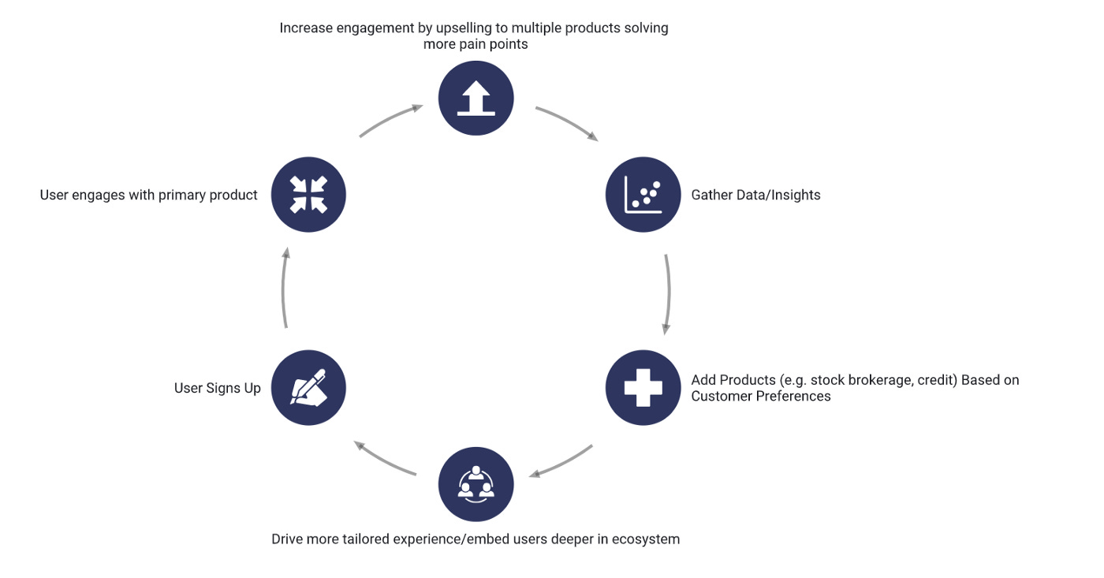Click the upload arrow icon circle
(x=476, y=99)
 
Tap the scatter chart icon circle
(x=643, y=195)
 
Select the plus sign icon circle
(x=643, y=388)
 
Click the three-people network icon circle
(x=476, y=484)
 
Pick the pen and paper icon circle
(x=308, y=388)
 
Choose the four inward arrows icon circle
(x=308, y=195)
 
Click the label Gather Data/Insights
(x=755, y=195)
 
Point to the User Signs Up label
(x=217, y=388)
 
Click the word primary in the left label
(x=182, y=195)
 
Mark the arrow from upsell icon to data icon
(x=567, y=123)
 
